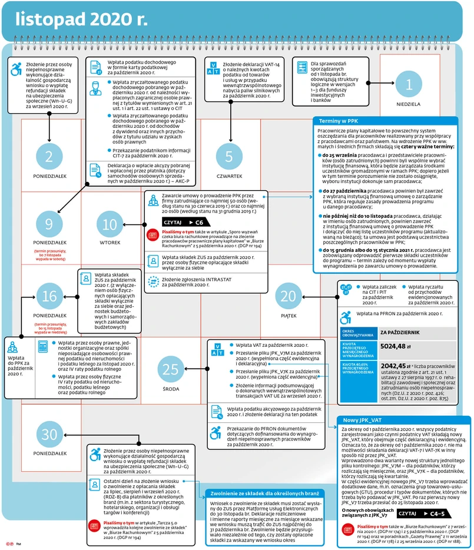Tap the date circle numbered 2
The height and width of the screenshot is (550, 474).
click(x=49, y=156)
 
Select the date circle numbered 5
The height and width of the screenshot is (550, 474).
click(x=229, y=156)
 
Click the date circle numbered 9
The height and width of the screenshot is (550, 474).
click(x=49, y=224)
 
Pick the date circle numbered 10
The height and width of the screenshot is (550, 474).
click(x=110, y=224)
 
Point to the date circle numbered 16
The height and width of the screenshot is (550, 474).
click(x=49, y=297)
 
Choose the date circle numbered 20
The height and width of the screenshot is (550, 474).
click(x=289, y=296)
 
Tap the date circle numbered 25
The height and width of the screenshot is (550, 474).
click(x=171, y=369)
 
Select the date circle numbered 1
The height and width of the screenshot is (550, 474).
click(x=409, y=84)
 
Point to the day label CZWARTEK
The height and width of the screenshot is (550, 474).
click(x=229, y=175)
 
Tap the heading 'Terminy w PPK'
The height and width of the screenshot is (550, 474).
click(x=338, y=121)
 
